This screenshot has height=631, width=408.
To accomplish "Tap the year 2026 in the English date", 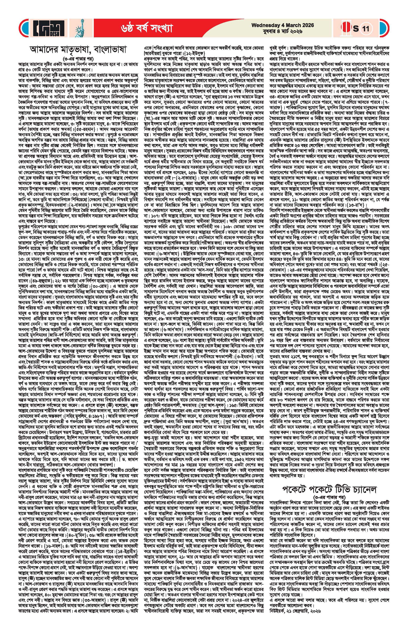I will [x=308, y=25].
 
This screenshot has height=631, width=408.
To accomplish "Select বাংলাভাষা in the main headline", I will [x=118, y=50].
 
